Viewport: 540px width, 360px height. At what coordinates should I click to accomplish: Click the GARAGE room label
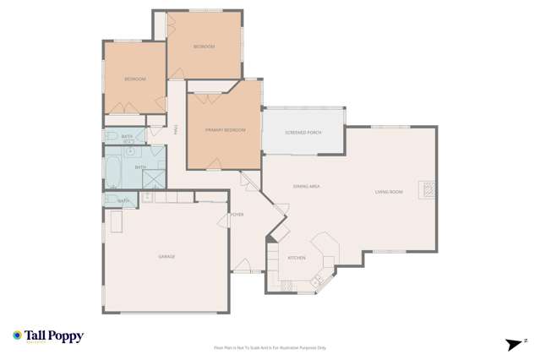[166, 256]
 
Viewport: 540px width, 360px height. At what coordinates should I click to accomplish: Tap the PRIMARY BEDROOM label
[225, 129]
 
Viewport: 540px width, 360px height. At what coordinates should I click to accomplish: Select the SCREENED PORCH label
[303, 133]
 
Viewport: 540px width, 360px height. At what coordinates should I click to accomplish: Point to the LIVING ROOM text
[389, 192]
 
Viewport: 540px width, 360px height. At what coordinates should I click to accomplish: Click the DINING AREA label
[305, 185]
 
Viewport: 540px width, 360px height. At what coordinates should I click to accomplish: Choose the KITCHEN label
[297, 257]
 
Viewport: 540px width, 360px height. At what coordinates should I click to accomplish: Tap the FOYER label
[237, 215]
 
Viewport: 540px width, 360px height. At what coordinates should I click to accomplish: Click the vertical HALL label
[176, 129]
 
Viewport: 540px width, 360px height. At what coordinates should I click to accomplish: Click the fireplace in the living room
[429, 188]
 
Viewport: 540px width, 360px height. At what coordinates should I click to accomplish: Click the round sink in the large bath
[132, 152]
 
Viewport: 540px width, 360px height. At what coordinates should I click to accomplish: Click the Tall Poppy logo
[48, 336]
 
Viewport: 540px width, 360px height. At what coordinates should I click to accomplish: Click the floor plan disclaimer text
[270, 347]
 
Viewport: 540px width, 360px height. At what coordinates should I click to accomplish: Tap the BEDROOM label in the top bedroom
[204, 46]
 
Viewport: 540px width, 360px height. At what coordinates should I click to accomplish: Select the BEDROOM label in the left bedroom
[135, 79]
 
